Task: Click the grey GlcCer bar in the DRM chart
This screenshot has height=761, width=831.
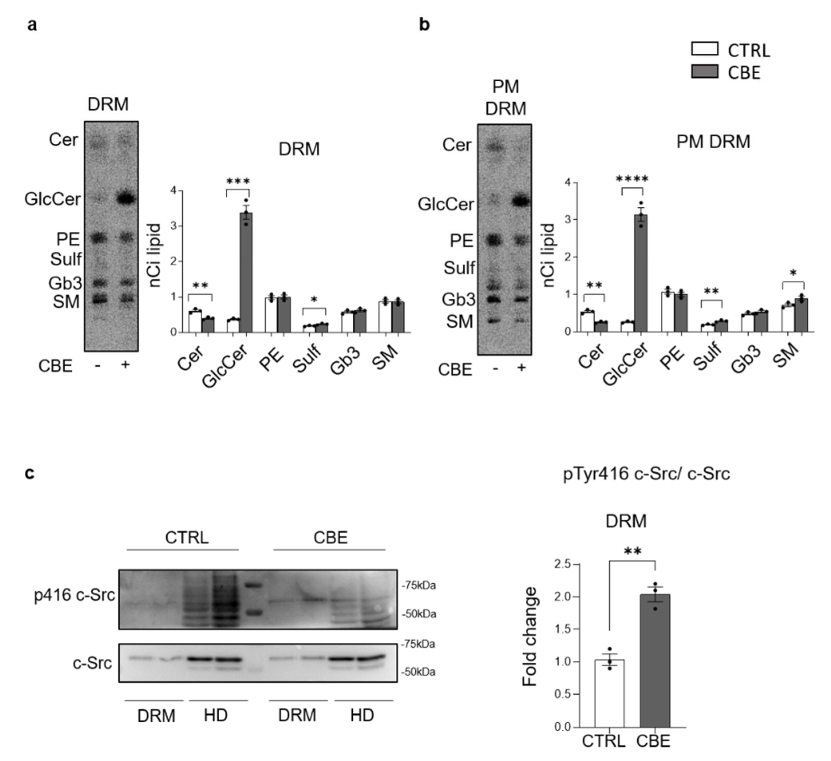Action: [246, 272]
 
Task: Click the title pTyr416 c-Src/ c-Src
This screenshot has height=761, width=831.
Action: [646, 474]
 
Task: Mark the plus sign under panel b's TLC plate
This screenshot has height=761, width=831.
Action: [521, 367]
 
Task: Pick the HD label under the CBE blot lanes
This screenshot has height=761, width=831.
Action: [362, 716]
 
